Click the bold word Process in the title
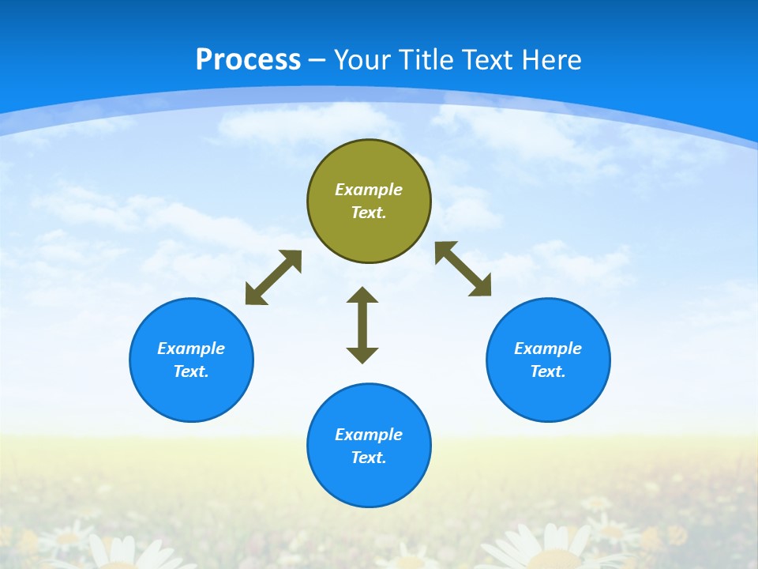(248, 60)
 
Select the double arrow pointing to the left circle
(273, 277)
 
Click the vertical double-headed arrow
(362, 325)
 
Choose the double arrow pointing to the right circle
(463, 269)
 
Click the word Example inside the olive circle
(369, 190)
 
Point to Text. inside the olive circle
(369, 213)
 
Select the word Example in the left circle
(191, 349)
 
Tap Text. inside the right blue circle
(548, 371)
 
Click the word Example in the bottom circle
(369, 435)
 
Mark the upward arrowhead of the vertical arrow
(362, 296)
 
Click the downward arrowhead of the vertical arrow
(362, 355)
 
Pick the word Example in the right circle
(548, 349)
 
